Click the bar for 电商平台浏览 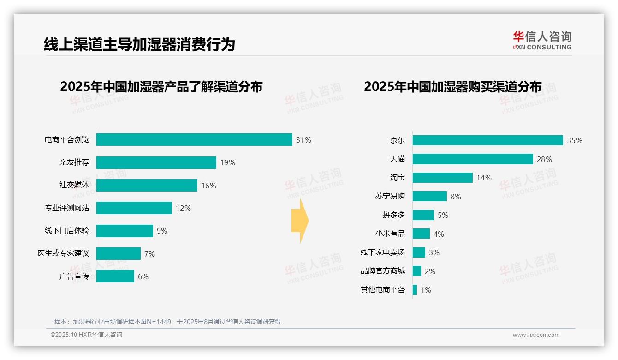coord(194,140)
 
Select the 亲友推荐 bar coord(156,162)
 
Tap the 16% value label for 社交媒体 coord(208,186)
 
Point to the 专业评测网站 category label coord(67,208)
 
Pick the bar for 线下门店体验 coord(125,231)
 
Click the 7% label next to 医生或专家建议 coord(149,254)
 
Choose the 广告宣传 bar coord(115,276)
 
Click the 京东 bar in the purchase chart coord(487,140)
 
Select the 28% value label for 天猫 coord(544,159)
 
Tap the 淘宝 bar coord(443,178)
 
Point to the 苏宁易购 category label coord(390,196)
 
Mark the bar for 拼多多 coord(423,215)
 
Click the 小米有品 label coord(390,234)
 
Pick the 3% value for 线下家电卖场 coord(434,252)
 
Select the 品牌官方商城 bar coord(417,271)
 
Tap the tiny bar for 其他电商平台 coord(415,290)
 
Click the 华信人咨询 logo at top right coord(542,40)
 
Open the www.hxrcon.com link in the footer coord(536,335)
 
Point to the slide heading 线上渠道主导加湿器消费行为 coord(139,44)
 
